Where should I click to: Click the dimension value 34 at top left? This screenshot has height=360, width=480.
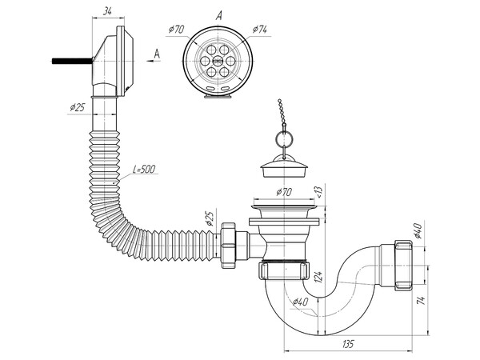tap(106, 11)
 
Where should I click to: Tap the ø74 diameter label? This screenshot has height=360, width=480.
tap(258, 30)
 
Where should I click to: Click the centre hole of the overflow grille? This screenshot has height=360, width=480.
tap(214, 60)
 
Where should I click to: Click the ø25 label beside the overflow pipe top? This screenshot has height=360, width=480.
tap(78, 107)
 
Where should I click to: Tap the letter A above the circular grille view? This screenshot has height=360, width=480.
tap(218, 14)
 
